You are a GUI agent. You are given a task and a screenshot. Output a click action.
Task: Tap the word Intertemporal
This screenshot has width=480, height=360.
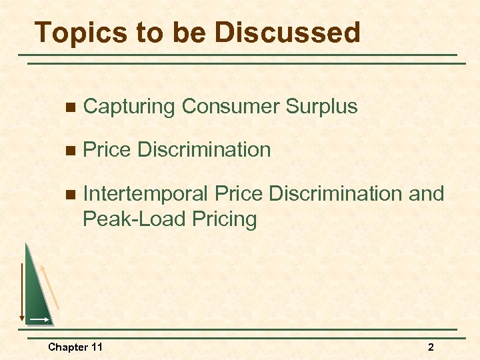pos(145,194)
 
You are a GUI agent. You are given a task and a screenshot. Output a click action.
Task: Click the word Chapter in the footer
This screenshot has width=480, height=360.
pos(68,347)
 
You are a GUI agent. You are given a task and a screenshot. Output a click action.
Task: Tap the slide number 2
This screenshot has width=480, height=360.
pos(431,347)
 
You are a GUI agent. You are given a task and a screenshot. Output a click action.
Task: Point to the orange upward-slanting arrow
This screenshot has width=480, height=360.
pos(51,286)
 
